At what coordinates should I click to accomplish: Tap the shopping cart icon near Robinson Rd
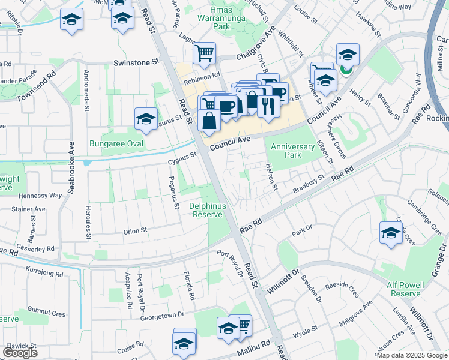pyautogui.click(x=204, y=53)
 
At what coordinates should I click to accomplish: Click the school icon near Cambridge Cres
pyautogui.click(x=391, y=232)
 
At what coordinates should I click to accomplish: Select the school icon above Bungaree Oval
pyautogui.click(x=146, y=118)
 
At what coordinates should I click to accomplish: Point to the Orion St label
pyautogui.click(x=134, y=231)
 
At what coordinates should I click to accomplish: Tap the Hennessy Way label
pyautogui.click(x=40, y=196)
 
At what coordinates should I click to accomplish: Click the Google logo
pyautogui.click(x=20, y=352)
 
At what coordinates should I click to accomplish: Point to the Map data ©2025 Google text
pyautogui.click(x=411, y=355)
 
